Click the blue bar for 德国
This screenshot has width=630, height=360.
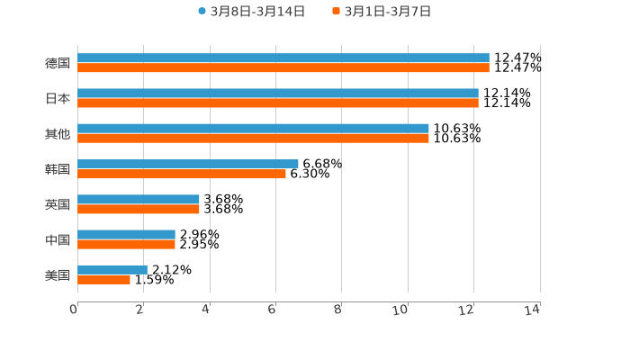283,58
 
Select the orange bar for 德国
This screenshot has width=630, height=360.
283,68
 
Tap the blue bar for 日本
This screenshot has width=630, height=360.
278,94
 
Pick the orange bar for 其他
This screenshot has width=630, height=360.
253,139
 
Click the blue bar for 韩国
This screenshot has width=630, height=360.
188,164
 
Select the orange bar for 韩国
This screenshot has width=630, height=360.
182,174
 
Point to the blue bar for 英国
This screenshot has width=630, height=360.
139,199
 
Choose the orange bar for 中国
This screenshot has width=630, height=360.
126,244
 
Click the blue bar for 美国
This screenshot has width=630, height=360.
112,269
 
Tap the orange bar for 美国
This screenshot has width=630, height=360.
103,279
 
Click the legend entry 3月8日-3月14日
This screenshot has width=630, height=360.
252,12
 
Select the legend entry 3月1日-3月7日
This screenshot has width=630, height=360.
382,12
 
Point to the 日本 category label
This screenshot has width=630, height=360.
58,99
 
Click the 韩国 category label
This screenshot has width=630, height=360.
58,169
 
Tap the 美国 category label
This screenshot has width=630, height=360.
58,274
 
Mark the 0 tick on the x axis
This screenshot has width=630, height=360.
75,310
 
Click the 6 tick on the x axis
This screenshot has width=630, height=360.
273,310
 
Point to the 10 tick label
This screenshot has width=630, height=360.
402,310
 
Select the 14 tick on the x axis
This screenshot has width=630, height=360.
534,310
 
